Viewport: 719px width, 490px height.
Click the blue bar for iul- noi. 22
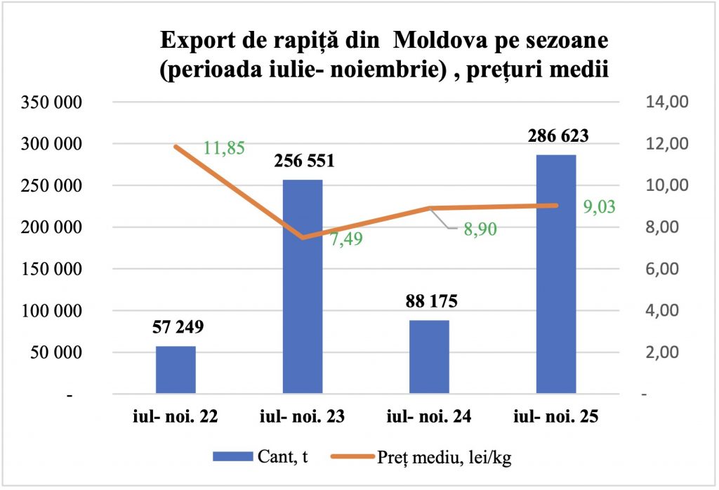176,370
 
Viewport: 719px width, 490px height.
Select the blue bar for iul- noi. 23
303,288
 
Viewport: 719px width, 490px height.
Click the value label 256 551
302,161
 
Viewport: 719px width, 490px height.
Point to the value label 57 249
176,327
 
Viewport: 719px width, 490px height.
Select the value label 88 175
429,302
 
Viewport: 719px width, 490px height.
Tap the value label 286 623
555,136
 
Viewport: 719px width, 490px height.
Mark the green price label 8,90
477,230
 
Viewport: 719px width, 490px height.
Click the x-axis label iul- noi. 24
429,417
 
